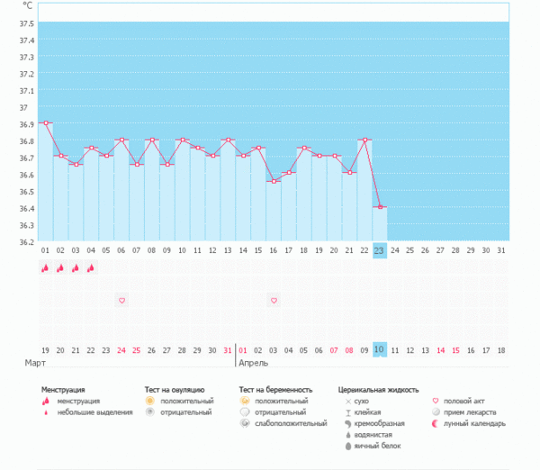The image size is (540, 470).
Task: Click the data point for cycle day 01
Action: [45, 122]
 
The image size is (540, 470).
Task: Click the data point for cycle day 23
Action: [380, 207]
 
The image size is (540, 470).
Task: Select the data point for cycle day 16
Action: [273, 181]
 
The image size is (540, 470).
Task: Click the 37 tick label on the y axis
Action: [22, 107]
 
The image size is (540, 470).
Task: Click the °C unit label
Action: [26, 5]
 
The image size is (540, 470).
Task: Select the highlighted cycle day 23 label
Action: [380, 250]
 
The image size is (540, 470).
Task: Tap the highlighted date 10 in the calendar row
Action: [380, 349]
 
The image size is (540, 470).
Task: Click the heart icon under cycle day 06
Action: [121, 300]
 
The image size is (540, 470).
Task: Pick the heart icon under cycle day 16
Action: [274, 300]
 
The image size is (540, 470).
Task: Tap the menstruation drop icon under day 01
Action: [45, 267]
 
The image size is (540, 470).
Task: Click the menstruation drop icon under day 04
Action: [91, 267]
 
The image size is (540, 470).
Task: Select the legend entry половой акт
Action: [470, 401]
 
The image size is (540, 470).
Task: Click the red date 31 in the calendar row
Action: [228, 349]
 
